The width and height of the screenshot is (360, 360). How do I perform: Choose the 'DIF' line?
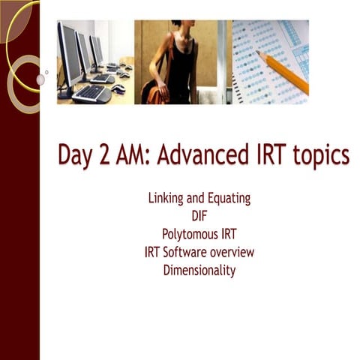(199, 217)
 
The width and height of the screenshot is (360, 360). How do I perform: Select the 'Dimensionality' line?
(199, 271)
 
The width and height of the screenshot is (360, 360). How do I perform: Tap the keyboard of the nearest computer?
(91, 94)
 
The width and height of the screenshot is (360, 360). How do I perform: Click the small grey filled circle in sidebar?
(40, 79)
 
